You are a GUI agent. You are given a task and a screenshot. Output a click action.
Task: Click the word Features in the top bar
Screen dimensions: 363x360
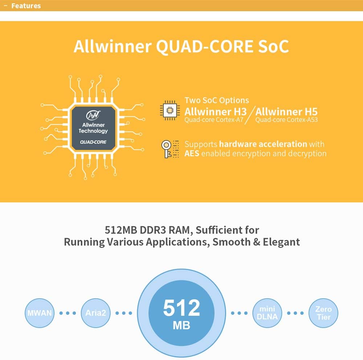pyautogui.click(x=26, y=6)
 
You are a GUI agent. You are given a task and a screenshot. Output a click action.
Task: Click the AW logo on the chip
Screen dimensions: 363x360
pyautogui.click(x=93, y=116)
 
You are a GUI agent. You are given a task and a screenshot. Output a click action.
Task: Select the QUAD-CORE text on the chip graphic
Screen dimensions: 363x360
pyautogui.click(x=93, y=142)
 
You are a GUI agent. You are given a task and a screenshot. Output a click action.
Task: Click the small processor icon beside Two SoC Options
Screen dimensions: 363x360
pyautogui.click(x=170, y=110)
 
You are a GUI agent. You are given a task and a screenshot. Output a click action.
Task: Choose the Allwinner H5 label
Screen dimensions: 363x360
pyautogui.click(x=286, y=111)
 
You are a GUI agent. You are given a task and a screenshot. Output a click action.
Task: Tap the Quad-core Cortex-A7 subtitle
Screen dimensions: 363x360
pyautogui.click(x=214, y=120)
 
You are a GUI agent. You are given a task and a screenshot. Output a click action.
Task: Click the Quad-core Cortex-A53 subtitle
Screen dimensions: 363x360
pyautogui.click(x=286, y=120)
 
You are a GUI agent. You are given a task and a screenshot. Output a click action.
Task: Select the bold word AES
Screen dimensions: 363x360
pyautogui.click(x=192, y=153)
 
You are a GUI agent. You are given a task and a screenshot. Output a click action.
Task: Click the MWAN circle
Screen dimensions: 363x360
pyautogui.click(x=40, y=313)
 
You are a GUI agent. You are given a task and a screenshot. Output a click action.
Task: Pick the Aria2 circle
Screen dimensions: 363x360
pyautogui.click(x=96, y=313)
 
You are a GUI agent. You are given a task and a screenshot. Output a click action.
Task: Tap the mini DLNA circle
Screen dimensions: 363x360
pyautogui.click(x=267, y=313)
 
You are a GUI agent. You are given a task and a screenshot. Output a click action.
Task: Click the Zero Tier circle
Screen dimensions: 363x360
pyautogui.click(x=323, y=313)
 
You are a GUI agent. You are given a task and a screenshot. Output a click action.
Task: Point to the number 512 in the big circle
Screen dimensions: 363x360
pyautogui.click(x=181, y=308)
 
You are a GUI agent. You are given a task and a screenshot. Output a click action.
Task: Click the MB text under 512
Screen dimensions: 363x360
pyautogui.click(x=181, y=325)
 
